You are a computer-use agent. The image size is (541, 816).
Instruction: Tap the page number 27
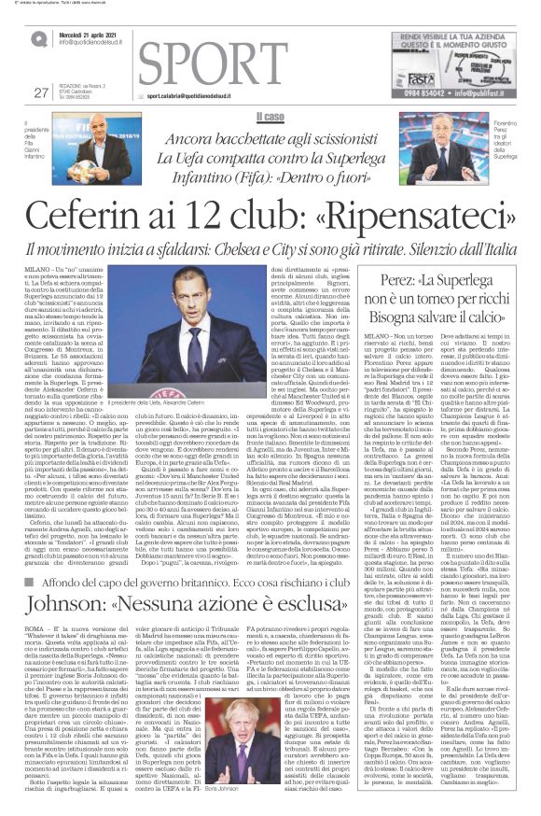click(x=39, y=91)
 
